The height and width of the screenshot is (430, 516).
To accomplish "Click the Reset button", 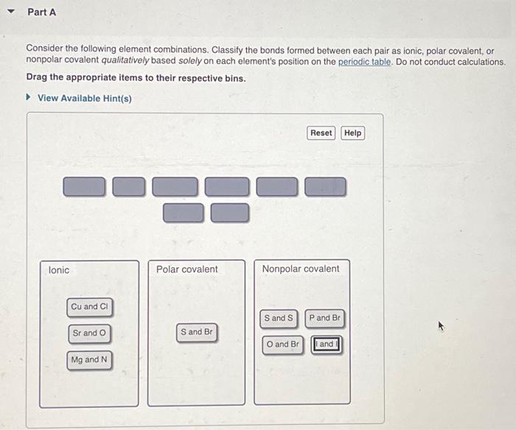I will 321,133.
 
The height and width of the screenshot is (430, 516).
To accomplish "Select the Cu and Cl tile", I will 90,306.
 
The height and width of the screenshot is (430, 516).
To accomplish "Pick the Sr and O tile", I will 89,333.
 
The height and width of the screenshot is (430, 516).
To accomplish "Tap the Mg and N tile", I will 89,359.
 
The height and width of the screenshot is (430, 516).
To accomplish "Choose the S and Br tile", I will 196,332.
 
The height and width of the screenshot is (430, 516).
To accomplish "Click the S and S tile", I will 279,318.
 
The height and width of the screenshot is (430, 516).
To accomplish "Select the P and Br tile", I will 324,318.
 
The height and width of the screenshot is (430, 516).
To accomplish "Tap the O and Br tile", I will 282,344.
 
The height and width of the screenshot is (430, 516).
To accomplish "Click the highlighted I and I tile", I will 326,344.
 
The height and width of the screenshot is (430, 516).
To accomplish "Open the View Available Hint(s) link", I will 84,98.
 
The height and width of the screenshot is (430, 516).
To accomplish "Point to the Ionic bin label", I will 59,270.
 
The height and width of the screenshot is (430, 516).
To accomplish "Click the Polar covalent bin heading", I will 186,269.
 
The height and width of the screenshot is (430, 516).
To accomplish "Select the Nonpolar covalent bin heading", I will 301,269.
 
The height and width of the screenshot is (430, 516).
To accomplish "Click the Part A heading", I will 41,13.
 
